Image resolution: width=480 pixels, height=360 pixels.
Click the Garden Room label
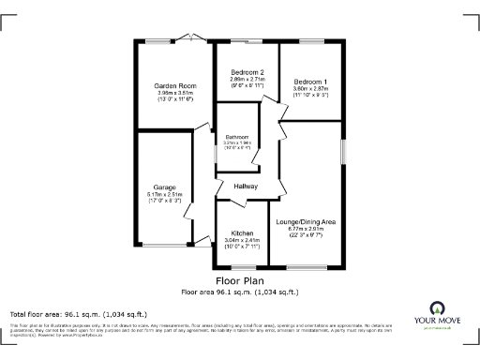click(174, 85)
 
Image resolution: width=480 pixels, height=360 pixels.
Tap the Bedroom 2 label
click(247, 73)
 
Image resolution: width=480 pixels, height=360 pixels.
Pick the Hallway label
click(246, 187)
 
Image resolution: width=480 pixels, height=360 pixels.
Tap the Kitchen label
click(243, 232)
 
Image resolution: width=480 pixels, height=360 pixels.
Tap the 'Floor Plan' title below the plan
click(239, 280)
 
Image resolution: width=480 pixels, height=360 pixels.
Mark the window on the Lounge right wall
click(343, 149)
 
